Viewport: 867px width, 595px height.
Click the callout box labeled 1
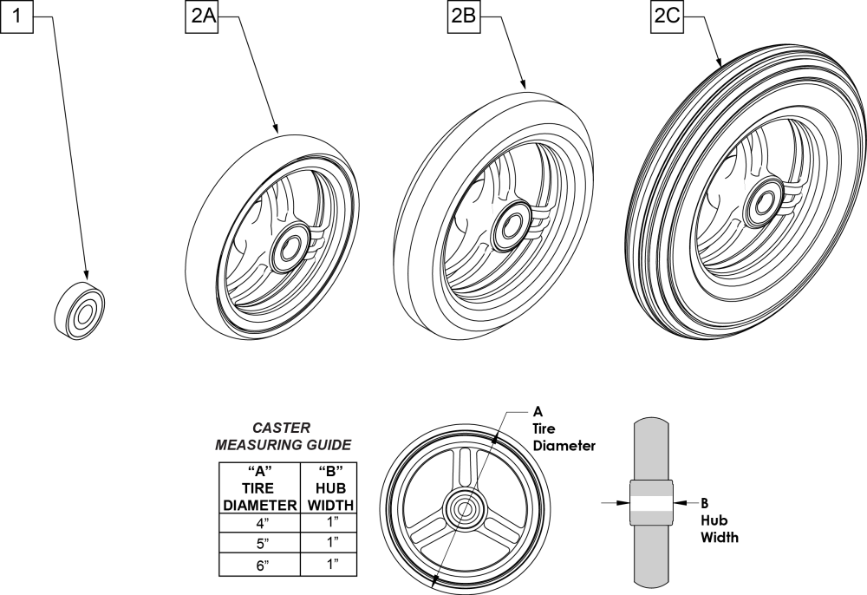[17, 19]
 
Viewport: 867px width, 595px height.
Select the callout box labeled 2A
[200, 19]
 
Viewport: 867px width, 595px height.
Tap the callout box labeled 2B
[462, 19]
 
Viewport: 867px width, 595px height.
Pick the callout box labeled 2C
[666, 19]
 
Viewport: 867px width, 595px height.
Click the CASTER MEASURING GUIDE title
[283, 436]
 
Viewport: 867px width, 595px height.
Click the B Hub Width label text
[720, 520]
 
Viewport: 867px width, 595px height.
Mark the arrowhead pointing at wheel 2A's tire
[276, 128]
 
